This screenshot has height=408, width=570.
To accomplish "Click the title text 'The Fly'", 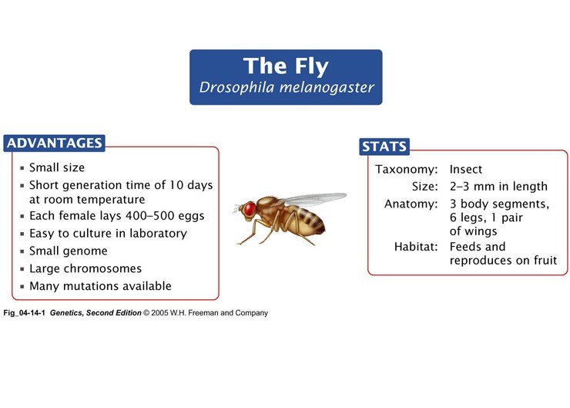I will pos(286,66).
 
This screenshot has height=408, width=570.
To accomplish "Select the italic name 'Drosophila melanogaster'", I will pos(286,87).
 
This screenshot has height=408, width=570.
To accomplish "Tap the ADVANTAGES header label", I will pos(54,143).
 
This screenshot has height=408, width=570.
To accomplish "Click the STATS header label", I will pos(384,147).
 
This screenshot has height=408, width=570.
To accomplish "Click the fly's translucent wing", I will pos(312,198).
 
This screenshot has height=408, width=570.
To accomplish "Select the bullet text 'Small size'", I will pos(56,167).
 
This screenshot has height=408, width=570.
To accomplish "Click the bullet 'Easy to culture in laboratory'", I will pos(107,233).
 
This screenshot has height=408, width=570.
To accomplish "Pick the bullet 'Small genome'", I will pos(68,251).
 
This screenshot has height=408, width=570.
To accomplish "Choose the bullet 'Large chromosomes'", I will pos(85,268).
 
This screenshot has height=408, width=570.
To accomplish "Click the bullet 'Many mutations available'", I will pos(100,286).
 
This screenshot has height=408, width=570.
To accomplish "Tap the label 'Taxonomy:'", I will pos(407,169).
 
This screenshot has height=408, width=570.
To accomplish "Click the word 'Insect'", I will pos(466,169).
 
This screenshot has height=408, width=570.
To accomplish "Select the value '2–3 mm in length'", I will pos(498,187).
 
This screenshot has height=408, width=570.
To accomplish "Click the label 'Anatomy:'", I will pos(411,204).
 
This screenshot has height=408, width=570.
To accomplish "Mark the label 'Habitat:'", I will pos(415,247).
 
